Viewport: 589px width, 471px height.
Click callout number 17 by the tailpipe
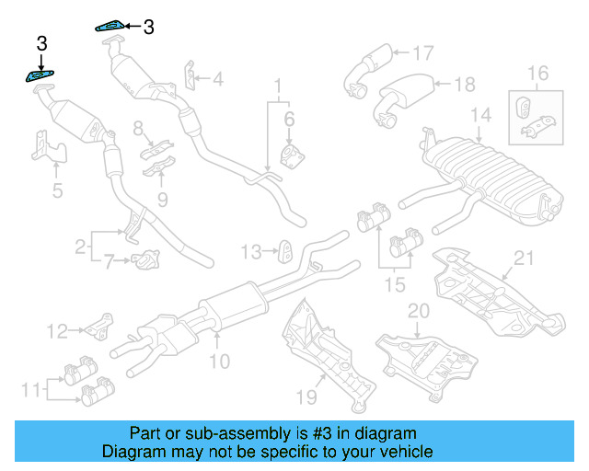(422, 53)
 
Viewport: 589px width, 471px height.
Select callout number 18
(465, 85)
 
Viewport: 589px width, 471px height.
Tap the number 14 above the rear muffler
(481, 116)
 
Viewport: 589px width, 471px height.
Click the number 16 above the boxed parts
(537, 73)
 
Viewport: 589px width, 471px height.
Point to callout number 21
(524, 258)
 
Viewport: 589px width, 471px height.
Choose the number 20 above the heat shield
(419, 311)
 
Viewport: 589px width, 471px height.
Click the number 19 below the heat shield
(306, 396)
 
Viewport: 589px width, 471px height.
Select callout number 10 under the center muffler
(219, 362)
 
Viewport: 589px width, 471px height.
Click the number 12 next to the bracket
(58, 330)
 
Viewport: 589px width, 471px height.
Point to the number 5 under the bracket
(57, 191)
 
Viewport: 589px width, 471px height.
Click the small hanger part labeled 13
(284, 249)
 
